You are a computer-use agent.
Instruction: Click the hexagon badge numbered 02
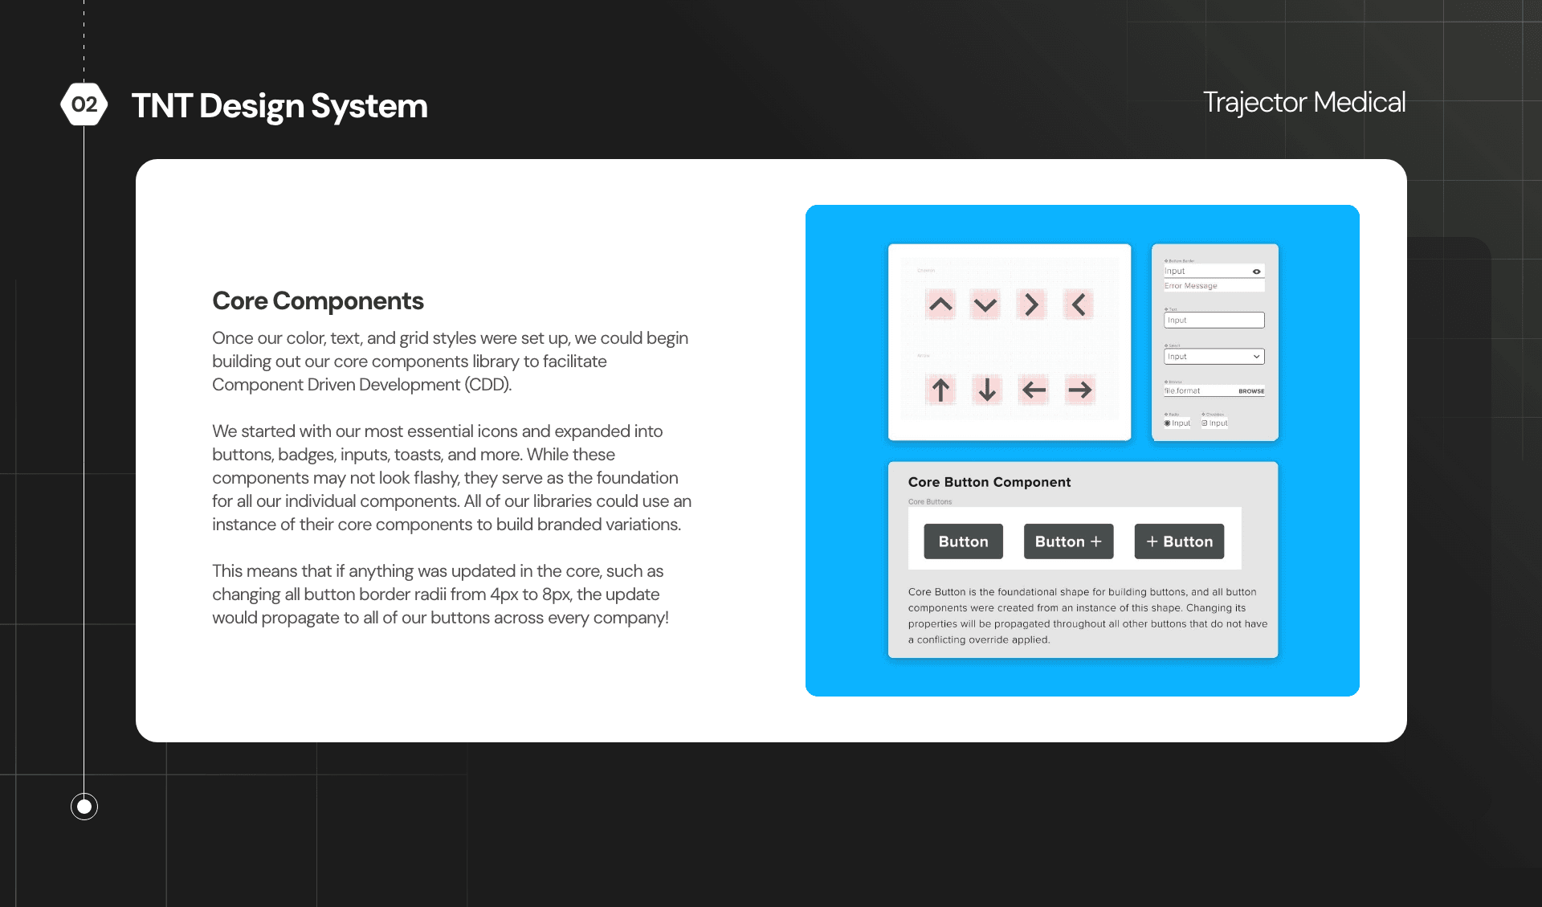click(x=84, y=104)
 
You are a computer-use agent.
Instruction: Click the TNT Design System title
click(x=279, y=106)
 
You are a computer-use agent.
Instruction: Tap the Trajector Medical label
click(x=1303, y=102)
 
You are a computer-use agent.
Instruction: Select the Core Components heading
click(x=317, y=301)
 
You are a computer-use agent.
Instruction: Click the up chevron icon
click(x=940, y=304)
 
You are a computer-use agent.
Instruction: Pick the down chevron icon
click(x=985, y=304)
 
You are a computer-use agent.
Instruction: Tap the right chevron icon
click(x=1032, y=304)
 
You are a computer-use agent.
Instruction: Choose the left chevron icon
click(x=1079, y=304)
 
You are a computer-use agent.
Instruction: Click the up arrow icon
click(x=940, y=390)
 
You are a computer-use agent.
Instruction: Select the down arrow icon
click(x=987, y=390)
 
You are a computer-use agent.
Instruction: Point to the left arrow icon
click(x=1034, y=390)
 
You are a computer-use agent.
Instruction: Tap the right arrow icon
click(x=1080, y=390)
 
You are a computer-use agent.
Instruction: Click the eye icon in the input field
click(x=1256, y=272)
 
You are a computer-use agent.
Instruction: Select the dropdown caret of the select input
click(x=1256, y=357)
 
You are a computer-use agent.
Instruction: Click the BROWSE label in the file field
click(x=1251, y=391)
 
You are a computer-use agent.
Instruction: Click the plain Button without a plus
click(x=963, y=541)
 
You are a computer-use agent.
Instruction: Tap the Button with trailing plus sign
click(x=1068, y=541)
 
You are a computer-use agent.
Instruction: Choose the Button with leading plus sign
click(x=1179, y=541)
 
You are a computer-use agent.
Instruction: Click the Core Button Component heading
click(x=989, y=482)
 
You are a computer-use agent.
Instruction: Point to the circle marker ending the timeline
click(x=84, y=806)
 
